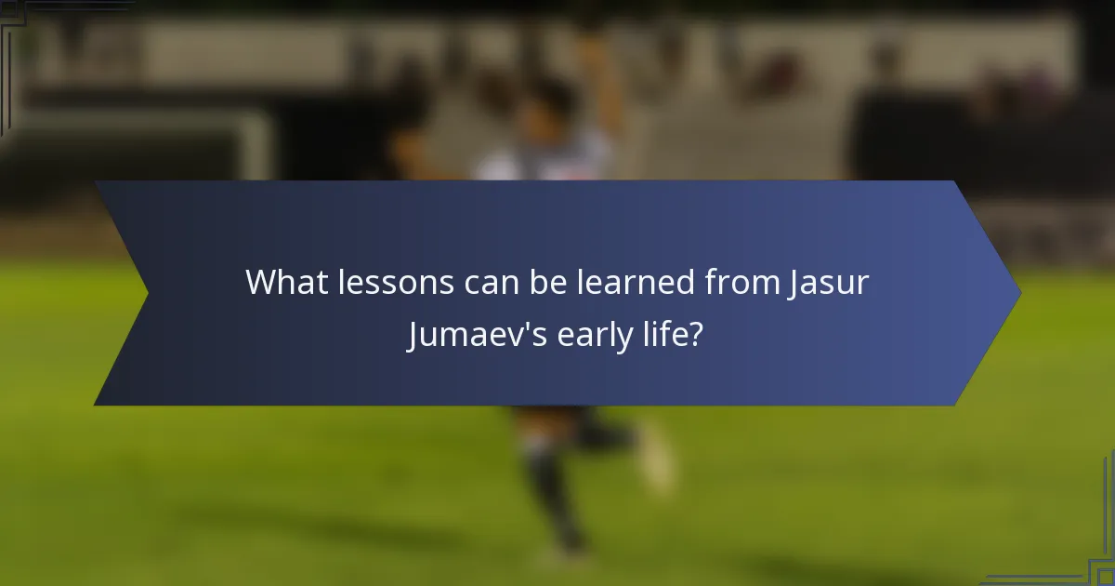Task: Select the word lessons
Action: pos(390,283)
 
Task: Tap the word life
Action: pos(666,334)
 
